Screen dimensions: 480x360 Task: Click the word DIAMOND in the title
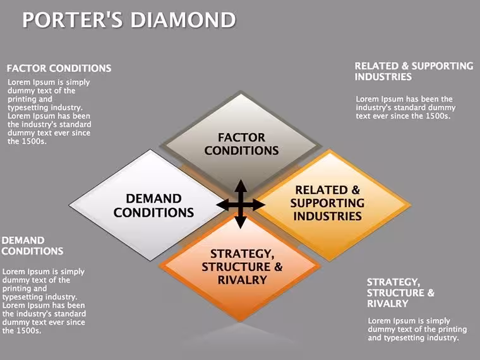[x=183, y=20]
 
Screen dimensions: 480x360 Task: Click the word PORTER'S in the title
[x=73, y=20]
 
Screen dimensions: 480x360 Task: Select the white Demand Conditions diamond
[x=147, y=205]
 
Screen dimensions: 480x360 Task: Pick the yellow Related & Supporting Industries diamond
[x=330, y=205]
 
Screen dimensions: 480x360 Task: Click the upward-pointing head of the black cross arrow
[x=241, y=186]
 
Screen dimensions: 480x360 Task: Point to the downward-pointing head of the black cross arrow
[x=241, y=222]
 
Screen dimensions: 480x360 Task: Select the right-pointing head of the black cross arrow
[x=259, y=205]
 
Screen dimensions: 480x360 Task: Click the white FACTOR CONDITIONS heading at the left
[x=59, y=68]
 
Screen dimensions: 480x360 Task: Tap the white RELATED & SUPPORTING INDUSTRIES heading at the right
[x=414, y=71]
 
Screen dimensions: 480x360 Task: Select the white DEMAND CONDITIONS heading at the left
[x=32, y=246]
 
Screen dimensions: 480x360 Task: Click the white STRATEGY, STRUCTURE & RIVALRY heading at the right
[x=400, y=293]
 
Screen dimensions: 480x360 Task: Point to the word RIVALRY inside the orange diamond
[x=242, y=280]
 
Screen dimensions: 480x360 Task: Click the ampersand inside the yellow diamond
[x=356, y=190]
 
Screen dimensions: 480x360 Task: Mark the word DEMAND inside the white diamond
[x=153, y=199]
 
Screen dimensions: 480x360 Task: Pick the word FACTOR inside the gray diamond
[x=241, y=138]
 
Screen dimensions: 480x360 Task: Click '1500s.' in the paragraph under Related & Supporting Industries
[x=438, y=116]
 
